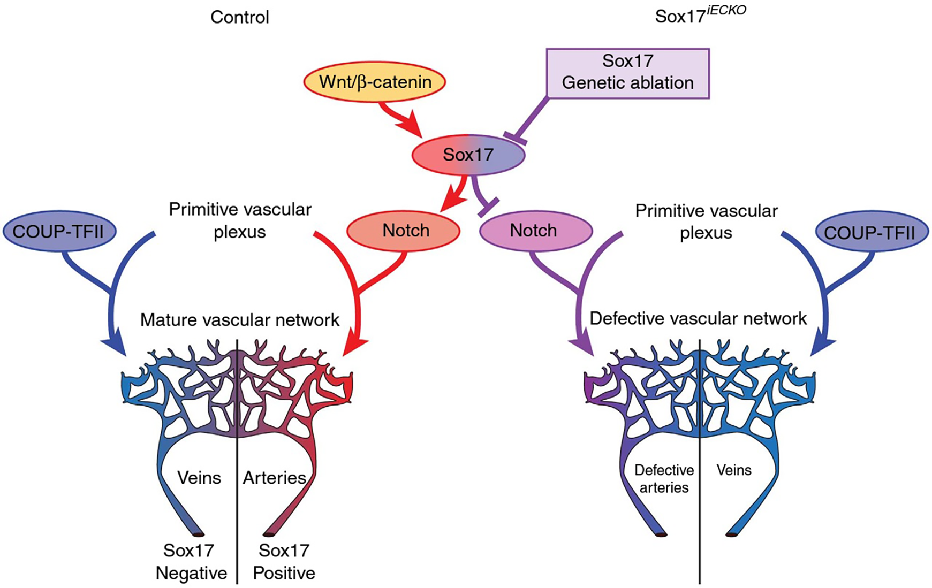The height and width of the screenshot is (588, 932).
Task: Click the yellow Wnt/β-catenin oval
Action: (x=375, y=82)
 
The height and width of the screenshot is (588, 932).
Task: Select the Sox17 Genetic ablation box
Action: (x=627, y=73)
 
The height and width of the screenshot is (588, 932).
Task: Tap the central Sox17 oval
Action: (x=468, y=155)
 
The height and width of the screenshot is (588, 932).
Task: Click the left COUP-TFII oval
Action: (x=59, y=231)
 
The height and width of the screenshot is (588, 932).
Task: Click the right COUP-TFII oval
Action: (x=872, y=232)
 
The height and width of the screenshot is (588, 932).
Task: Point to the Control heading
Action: (x=239, y=17)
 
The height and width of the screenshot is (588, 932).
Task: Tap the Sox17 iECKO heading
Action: (x=700, y=16)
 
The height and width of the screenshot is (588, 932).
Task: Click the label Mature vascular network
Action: (x=239, y=320)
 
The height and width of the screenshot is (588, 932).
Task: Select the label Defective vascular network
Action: (x=698, y=319)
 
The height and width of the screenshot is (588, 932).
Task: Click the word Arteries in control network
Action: (x=274, y=478)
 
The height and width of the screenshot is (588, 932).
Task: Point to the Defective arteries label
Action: (x=664, y=479)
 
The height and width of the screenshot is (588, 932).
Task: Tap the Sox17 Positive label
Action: (x=284, y=562)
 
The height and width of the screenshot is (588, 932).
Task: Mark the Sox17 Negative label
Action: (x=191, y=562)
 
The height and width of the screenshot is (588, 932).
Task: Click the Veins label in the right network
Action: (x=734, y=470)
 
